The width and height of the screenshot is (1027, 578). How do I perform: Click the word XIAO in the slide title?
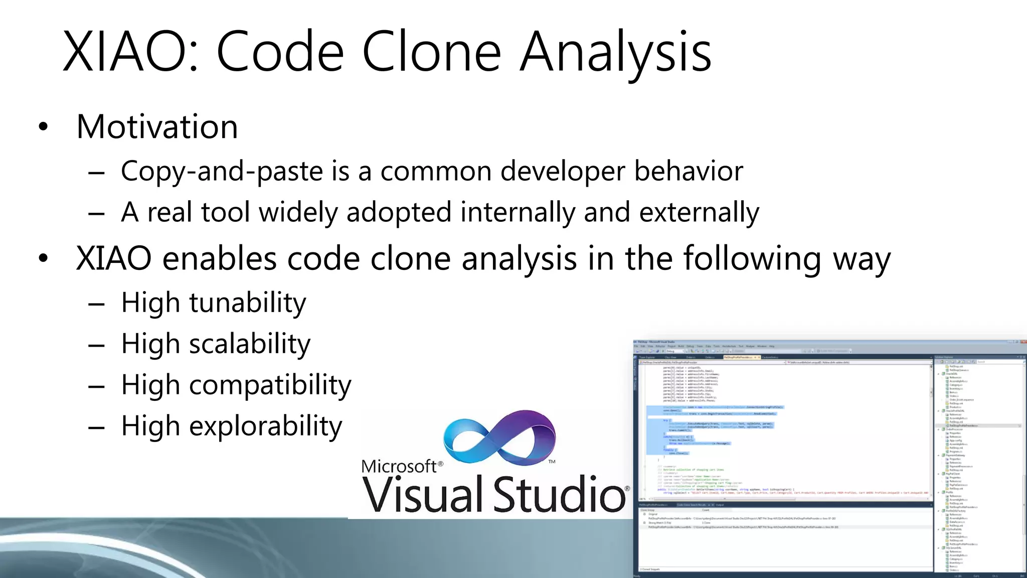125,52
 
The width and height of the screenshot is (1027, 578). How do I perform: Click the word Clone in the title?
431,52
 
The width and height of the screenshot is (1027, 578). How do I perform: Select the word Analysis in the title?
615,52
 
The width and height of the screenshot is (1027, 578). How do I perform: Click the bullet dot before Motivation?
44,127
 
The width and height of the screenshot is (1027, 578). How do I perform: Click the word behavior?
689,172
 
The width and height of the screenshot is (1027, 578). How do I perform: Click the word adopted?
399,212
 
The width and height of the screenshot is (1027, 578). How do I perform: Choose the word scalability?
250,344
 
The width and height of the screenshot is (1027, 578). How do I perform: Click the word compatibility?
270,385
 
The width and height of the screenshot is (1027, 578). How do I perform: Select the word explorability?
266,426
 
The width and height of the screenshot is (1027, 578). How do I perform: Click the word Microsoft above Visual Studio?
399,467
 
